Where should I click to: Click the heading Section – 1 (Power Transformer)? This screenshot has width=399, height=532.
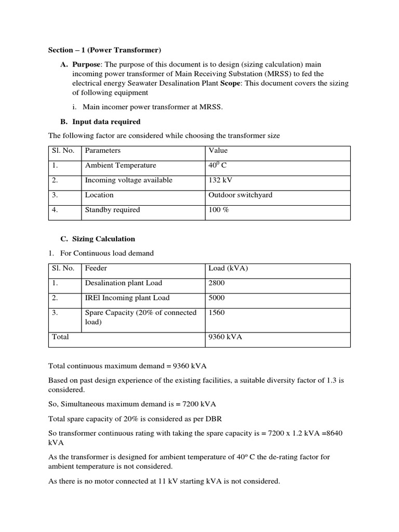point(104,50)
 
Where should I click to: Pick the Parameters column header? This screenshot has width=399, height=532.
point(103,151)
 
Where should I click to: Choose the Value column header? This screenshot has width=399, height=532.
point(218,151)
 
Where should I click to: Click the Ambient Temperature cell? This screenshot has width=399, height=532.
point(121,166)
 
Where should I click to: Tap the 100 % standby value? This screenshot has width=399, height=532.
point(219,210)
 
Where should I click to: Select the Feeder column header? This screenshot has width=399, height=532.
point(96,269)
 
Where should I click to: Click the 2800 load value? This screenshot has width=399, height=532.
point(217,283)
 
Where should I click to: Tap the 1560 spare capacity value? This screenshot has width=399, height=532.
point(217,313)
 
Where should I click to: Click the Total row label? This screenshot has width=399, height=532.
point(60,337)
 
